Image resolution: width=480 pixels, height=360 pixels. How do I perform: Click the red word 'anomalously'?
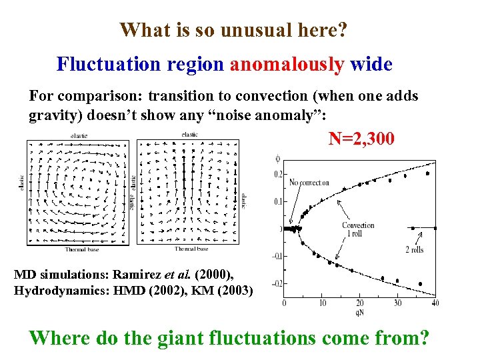[287, 64]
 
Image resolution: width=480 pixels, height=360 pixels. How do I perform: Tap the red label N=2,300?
[361, 139]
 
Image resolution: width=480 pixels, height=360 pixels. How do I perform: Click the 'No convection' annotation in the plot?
[309, 183]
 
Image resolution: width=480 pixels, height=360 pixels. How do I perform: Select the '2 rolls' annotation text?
[414, 250]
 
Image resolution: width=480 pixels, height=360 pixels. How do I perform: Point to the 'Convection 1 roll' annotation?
[359, 229]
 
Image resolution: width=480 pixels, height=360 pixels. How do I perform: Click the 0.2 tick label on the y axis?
[277, 174]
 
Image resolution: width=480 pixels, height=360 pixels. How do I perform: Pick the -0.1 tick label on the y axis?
[276, 255]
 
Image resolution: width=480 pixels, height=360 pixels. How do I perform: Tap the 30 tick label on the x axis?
[398, 303]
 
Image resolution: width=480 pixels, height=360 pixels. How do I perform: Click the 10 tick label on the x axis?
[322, 303]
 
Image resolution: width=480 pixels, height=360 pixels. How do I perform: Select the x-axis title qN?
[360, 312]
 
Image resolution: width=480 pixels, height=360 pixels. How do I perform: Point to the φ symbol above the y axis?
[278, 158]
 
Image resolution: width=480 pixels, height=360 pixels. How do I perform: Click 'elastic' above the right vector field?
[189, 135]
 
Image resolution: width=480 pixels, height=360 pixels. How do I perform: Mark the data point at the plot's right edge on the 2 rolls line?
[435, 228]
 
